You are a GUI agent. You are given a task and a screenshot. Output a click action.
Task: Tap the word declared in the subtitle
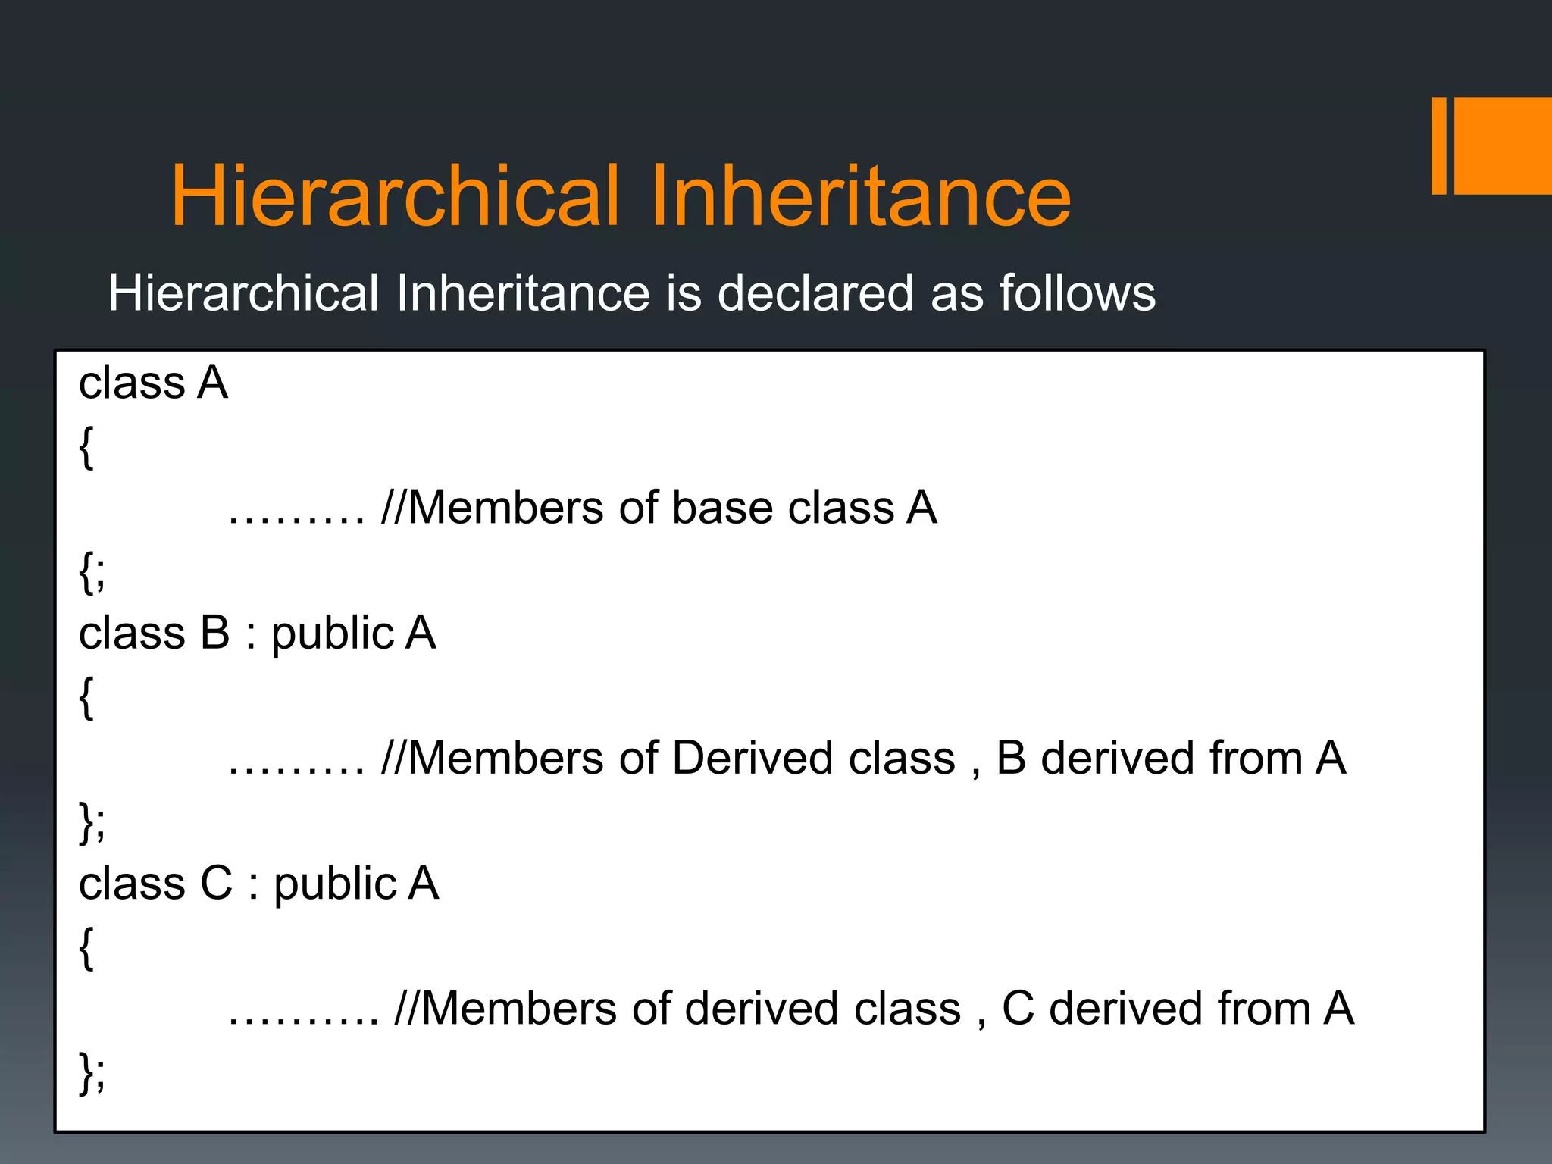click(x=815, y=293)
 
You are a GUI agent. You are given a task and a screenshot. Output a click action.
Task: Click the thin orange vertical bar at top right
click(x=1438, y=145)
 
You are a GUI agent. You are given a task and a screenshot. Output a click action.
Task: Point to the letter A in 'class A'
click(x=213, y=383)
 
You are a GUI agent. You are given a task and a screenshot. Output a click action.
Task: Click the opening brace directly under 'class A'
click(x=86, y=448)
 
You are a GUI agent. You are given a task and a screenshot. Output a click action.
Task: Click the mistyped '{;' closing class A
click(x=92, y=573)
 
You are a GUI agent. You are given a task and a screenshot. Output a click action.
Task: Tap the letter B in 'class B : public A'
click(x=214, y=634)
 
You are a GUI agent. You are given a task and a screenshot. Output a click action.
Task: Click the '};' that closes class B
click(x=92, y=823)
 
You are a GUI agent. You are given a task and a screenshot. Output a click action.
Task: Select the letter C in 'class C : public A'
click(x=216, y=884)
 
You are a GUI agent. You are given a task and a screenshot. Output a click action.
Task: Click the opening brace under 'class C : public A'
click(x=86, y=948)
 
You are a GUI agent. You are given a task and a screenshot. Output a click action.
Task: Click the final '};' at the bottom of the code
click(x=92, y=1073)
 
